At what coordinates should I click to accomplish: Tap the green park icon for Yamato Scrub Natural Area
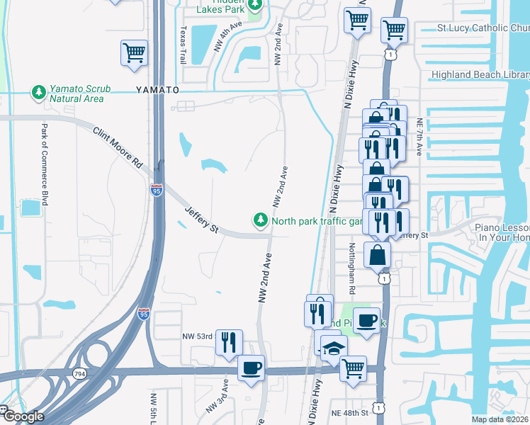pos(38,92)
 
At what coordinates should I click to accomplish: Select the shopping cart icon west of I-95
pos(134,53)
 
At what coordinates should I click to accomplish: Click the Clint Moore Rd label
pos(116,147)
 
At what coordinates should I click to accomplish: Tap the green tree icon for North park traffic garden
pos(261,221)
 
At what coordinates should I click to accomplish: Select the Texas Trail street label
pos(183,45)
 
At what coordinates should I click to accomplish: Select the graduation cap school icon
pos(332,349)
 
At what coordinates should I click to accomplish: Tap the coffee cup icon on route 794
pos(252,368)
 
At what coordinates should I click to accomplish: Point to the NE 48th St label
pos(349,412)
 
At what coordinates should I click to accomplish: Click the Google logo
pos(23,416)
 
